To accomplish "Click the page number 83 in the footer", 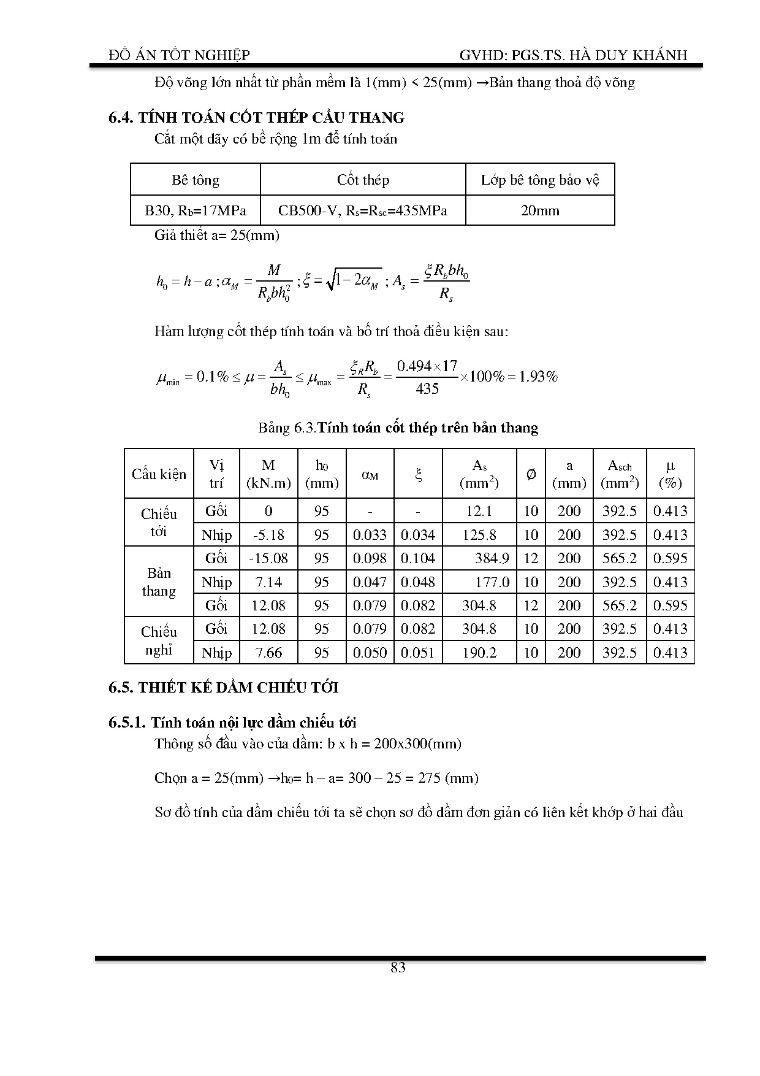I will [398, 967].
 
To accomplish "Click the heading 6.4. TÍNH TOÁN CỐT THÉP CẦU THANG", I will [256, 118].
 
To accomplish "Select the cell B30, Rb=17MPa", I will [196, 211].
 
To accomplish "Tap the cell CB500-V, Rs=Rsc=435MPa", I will [363, 211].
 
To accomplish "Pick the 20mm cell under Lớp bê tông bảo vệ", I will [540, 211].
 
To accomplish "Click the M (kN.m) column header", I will [268, 474].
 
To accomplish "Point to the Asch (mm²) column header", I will [620, 474].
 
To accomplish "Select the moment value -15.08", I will [268, 558].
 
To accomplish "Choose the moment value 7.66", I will [268, 653].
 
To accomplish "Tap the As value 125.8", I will [479, 535].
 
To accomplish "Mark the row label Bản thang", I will [159, 582].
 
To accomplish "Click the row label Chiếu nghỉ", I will [159, 641].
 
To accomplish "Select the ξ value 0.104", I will [418, 558].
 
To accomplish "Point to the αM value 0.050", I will [370, 653].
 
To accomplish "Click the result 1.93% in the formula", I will [538, 377].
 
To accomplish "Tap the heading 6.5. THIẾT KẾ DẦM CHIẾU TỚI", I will [224, 688].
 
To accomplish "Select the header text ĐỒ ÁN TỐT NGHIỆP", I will [179, 55].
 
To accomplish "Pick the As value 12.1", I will [479, 511].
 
